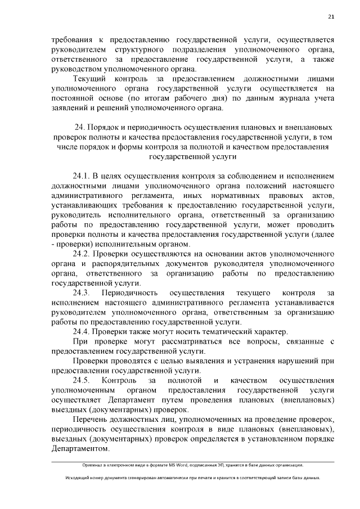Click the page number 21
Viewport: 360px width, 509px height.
coord(332,17)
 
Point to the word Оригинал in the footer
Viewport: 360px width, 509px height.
coord(93,465)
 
